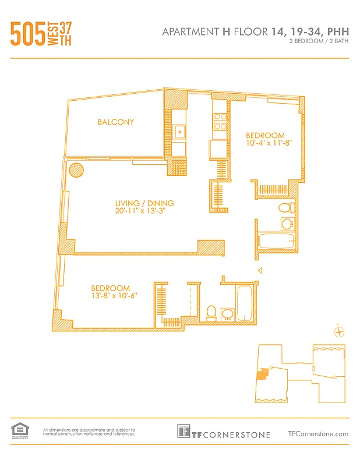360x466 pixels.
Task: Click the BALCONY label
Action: [116, 122]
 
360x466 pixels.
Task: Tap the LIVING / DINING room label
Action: [144, 203]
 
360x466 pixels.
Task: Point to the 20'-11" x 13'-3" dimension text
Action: [144, 211]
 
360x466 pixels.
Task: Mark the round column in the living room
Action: [76, 171]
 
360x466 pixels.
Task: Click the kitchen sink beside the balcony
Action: [180, 131]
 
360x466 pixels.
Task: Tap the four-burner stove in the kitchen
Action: [220, 121]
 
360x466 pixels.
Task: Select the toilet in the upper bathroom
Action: [286, 207]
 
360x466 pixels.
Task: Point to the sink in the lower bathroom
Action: [227, 315]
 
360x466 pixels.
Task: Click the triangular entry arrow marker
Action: [260, 270]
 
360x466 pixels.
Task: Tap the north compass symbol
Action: [338, 332]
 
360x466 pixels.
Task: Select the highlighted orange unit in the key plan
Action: [263, 373]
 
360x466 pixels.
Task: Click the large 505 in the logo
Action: [27, 34]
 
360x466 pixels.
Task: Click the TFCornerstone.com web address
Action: [318, 433]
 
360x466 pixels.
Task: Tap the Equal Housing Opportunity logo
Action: [19, 430]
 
